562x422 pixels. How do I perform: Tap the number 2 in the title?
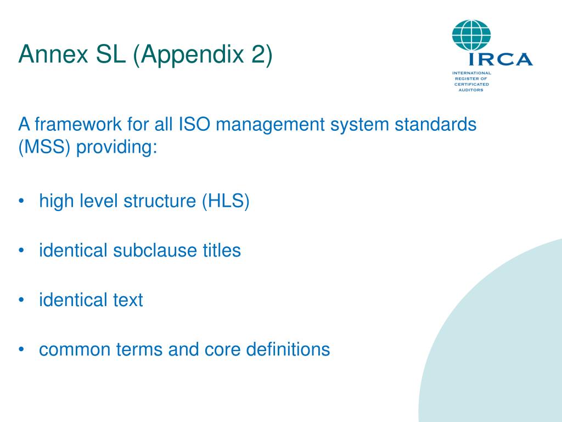pos(258,55)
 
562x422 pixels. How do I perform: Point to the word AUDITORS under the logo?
pos(471,90)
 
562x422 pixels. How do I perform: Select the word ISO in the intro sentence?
pos(195,124)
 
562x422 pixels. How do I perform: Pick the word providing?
pos(116,148)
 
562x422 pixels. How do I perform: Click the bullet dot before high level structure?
pos(21,202)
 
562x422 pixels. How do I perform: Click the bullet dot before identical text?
pos(21,301)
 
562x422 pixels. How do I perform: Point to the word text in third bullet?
pos(127,301)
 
